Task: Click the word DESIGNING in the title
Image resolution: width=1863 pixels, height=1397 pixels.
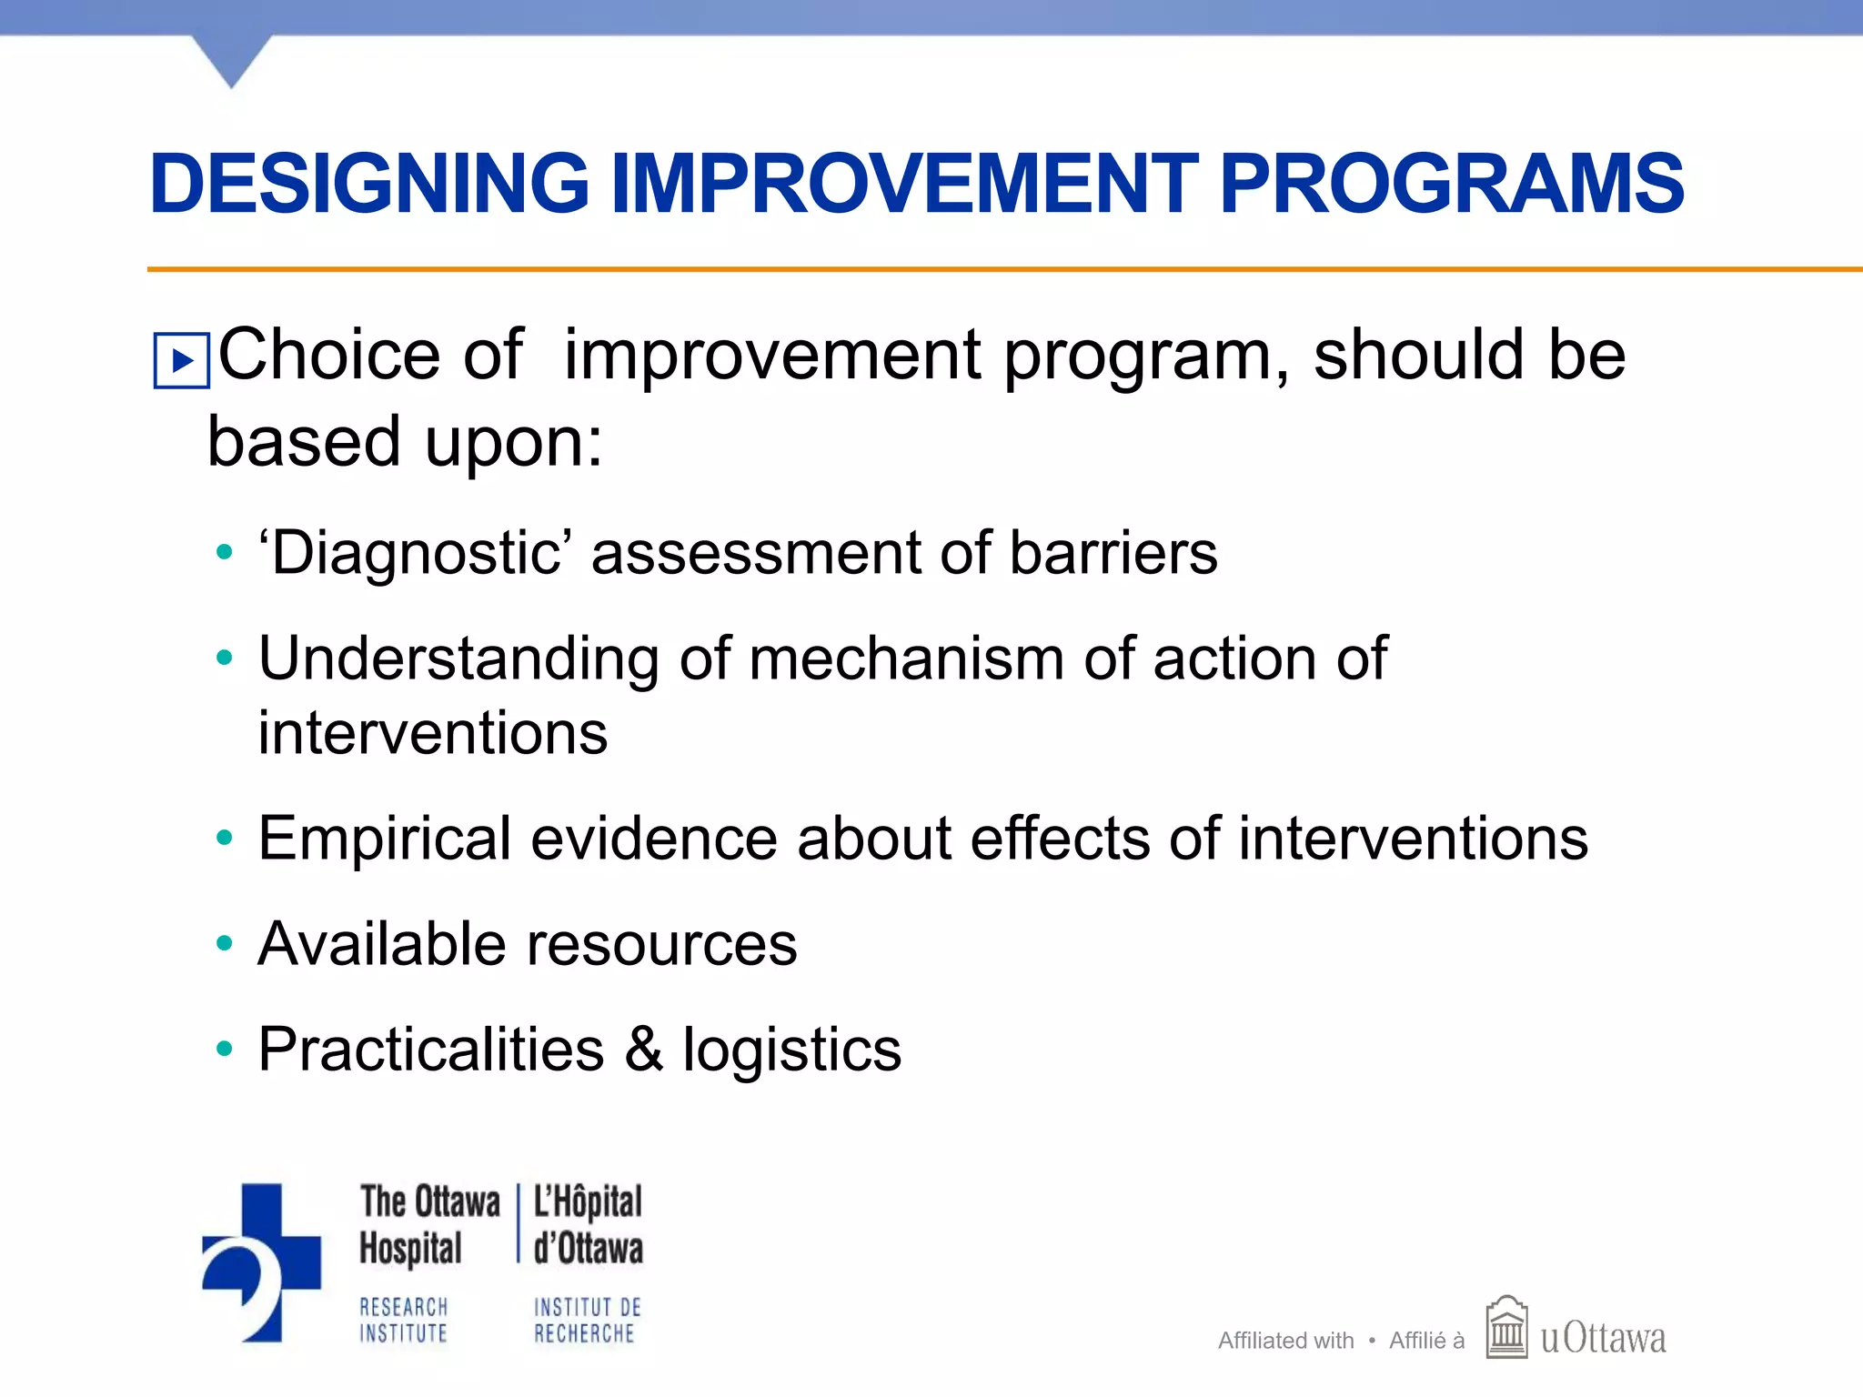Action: click(369, 185)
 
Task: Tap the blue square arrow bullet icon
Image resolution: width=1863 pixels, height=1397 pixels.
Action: click(182, 361)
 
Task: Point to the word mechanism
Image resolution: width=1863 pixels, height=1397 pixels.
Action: click(906, 658)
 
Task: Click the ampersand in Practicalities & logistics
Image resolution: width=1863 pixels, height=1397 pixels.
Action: click(644, 1050)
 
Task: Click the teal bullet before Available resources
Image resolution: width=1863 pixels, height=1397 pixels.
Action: click(224, 944)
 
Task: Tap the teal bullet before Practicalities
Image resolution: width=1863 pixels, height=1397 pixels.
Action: click(224, 1050)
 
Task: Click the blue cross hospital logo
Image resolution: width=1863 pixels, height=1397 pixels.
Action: click(262, 1262)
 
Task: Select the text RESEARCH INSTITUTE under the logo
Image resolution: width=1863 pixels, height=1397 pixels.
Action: click(404, 1321)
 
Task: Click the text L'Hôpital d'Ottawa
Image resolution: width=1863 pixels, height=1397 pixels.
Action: click(587, 1224)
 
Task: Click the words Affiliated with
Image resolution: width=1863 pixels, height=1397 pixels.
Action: click(1285, 1341)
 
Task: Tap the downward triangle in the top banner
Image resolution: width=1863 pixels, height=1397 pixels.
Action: click(232, 60)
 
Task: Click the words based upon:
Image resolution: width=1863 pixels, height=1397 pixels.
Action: click(405, 442)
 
